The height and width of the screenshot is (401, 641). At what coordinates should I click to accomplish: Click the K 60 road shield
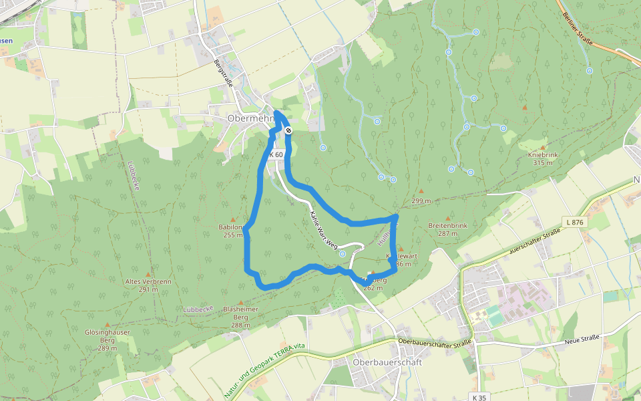[276, 154]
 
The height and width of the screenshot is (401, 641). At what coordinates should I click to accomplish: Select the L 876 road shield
[574, 222]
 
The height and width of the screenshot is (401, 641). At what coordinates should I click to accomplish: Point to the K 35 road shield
[479, 397]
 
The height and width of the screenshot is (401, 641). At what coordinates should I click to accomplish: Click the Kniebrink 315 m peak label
[542, 158]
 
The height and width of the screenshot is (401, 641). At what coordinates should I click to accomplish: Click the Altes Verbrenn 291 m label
[148, 285]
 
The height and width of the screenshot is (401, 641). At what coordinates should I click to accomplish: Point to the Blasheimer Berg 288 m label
[240, 317]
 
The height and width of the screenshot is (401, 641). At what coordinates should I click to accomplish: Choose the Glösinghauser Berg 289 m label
[107, 340]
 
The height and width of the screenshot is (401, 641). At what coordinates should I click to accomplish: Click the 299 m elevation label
[421, 201]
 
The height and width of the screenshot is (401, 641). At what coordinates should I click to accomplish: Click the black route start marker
[288, 131]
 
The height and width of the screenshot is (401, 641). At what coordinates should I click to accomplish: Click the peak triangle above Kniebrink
[542, 147]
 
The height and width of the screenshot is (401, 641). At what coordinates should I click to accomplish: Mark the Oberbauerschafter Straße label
[434, 342]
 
